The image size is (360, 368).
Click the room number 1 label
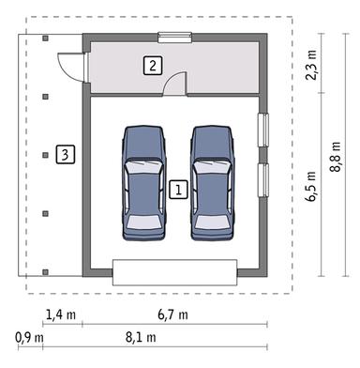(179, 188)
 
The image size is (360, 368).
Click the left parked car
(144, 184)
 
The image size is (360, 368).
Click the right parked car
(213, 184)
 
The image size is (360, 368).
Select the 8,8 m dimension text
(337, 153)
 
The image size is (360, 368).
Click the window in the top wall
(173, 38)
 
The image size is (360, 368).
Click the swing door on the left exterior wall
(70, 66)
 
